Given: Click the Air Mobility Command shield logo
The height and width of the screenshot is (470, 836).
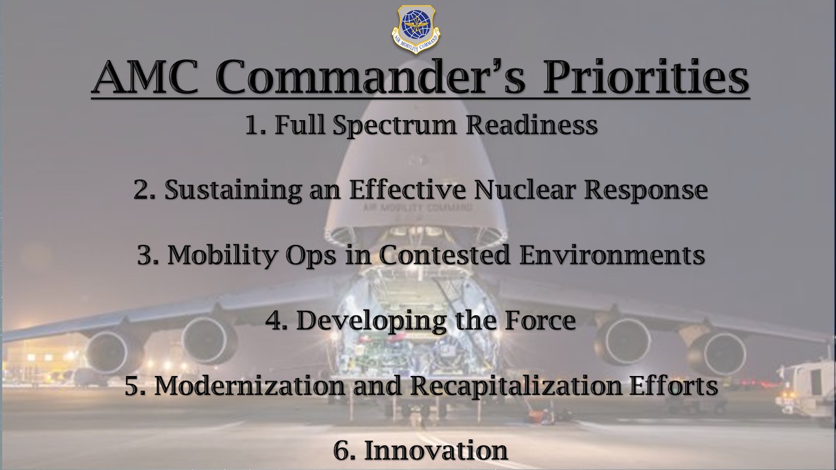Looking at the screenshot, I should tap(416, 29).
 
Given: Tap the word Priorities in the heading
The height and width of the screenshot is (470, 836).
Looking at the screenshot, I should tap(646, 78).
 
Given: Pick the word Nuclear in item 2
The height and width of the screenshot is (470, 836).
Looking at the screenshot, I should tap(524, 190).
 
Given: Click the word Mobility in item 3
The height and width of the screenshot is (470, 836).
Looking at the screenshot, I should tap(223, 255).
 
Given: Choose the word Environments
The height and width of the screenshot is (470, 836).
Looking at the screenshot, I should tap(612, 255).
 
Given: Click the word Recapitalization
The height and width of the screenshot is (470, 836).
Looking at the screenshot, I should tap(515, 386).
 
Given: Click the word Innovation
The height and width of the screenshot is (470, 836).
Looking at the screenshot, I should tap(436, 450).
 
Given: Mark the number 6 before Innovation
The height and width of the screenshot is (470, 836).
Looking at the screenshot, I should tap(341, 450).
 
